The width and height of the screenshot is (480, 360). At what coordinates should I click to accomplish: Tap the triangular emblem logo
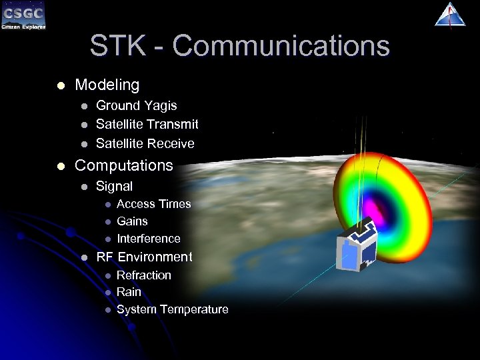(450, 15)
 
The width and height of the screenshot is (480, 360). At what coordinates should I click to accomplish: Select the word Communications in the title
(281, 46)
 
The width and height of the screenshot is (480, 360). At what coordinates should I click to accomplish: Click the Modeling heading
(107, 85)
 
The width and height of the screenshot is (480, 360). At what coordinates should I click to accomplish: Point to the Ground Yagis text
(137, 105)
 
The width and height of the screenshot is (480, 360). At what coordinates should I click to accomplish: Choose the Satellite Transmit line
(147, 124)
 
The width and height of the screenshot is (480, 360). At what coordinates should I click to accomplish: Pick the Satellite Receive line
(145, 143)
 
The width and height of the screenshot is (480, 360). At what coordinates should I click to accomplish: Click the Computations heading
(124, 165)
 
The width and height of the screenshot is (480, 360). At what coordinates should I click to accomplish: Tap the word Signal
(115, 186)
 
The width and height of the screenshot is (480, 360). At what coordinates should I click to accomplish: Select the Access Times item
(153, 204)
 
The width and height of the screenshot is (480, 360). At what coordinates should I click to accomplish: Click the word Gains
(132, 221)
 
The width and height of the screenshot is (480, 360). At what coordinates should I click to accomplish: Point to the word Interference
(149, 239)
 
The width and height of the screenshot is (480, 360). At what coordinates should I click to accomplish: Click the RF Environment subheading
(144, 257)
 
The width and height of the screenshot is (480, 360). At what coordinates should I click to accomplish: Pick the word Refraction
(144, 275)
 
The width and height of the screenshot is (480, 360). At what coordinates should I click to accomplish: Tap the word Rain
(129, 292)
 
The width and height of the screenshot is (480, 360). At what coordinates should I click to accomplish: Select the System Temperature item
(172, 309)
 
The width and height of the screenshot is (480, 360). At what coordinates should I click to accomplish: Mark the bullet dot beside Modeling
(60, 86)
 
